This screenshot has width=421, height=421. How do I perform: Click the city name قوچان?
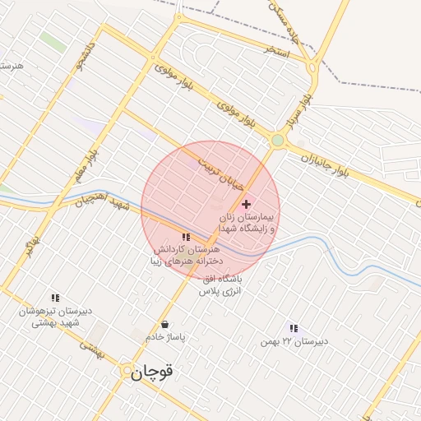153,372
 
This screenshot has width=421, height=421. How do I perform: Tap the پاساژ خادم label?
167,337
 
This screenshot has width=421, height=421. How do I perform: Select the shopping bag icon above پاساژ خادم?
166,324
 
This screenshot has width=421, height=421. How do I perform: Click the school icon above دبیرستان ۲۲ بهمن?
294,328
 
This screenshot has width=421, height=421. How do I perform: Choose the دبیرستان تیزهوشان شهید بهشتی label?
54,317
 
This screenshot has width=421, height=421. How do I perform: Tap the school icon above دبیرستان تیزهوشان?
55,298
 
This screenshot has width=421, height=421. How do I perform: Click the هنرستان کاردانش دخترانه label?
185,255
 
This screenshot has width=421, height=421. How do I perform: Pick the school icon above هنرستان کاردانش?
185,238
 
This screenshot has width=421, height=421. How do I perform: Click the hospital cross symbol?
246,204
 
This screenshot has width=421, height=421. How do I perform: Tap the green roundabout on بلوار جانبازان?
278,141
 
